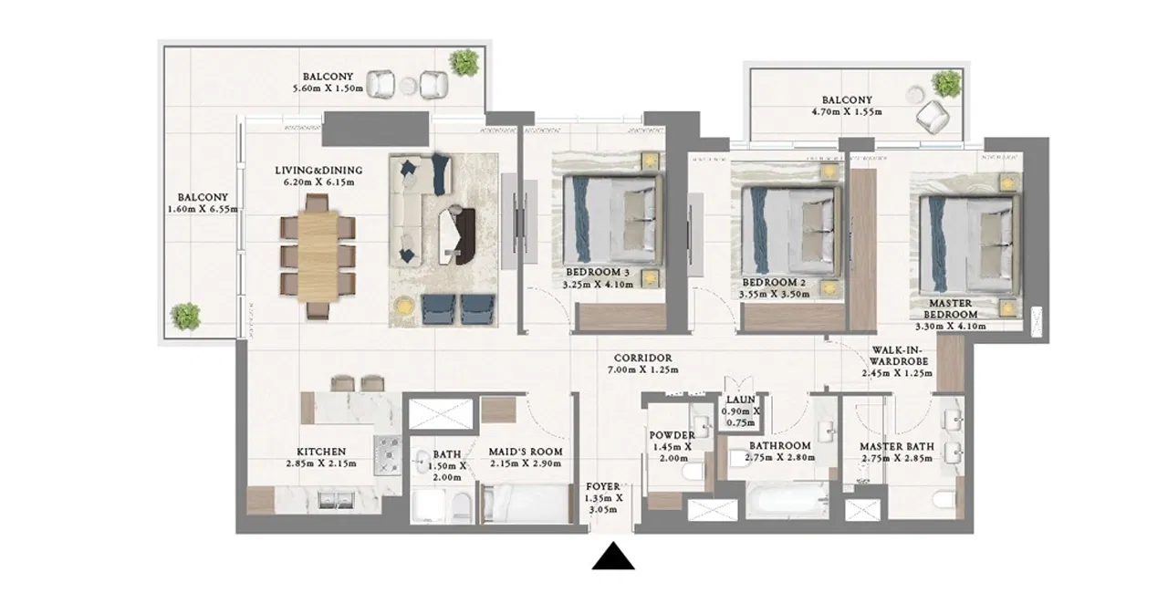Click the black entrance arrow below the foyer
coord(613,557)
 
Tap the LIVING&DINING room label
coord(318,171)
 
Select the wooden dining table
coord(318,256)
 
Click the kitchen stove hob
coord(388,455)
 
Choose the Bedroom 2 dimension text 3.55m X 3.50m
coord(774,295)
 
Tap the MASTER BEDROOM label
coord(951,309)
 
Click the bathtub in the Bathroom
coord(787,501)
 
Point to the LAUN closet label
coord(740,400)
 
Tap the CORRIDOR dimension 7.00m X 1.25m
coord(643,370)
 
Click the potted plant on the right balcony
coord(946,84)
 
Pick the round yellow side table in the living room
coord(402,305)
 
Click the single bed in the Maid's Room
coord(525,504)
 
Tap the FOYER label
coord(603,486)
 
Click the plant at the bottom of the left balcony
coord(185,317)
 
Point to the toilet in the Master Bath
coord(944,501)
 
